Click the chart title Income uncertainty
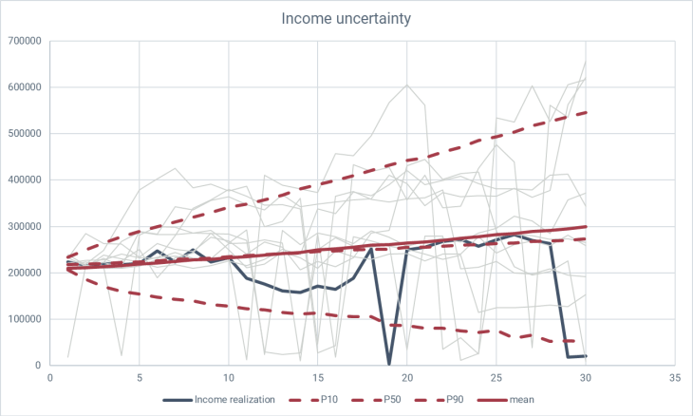[x=346, y=18]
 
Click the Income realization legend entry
[x=235, y=399]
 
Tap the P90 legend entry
[x=493, y=399]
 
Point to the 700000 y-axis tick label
[x=25, y=42]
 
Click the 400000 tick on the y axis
[x=25, y=180]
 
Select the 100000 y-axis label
[x=25, y=319]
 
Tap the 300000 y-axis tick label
[x=25, y=227]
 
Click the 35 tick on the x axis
[x=673, y=377]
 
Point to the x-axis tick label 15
[x=317, y=377]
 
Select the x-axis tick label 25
[x=496, y=377]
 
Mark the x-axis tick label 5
[x=140, y=377]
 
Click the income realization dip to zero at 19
[x=388, y=364]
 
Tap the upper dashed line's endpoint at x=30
[x=585, y=113]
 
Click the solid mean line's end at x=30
[x=585, y=227]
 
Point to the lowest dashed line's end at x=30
[x=585, y=341]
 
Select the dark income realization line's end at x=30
[x=585, y=355]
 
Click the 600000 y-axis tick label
[x=25, y=87]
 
